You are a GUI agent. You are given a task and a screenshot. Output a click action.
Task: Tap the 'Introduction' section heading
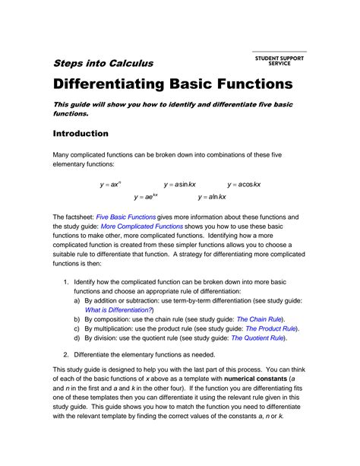pyautogui.click(x=80, y=134)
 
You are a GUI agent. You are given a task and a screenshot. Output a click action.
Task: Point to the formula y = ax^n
pyautogui.click(x=111, y=184)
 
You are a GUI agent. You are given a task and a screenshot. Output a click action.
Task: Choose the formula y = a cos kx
pyautogui.click(x=244, y=184)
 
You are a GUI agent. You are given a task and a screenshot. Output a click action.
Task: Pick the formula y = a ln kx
pyautogui.click(x=213, y=197)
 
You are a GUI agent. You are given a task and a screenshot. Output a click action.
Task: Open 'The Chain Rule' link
pyautogui.click(x=260, y=319)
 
